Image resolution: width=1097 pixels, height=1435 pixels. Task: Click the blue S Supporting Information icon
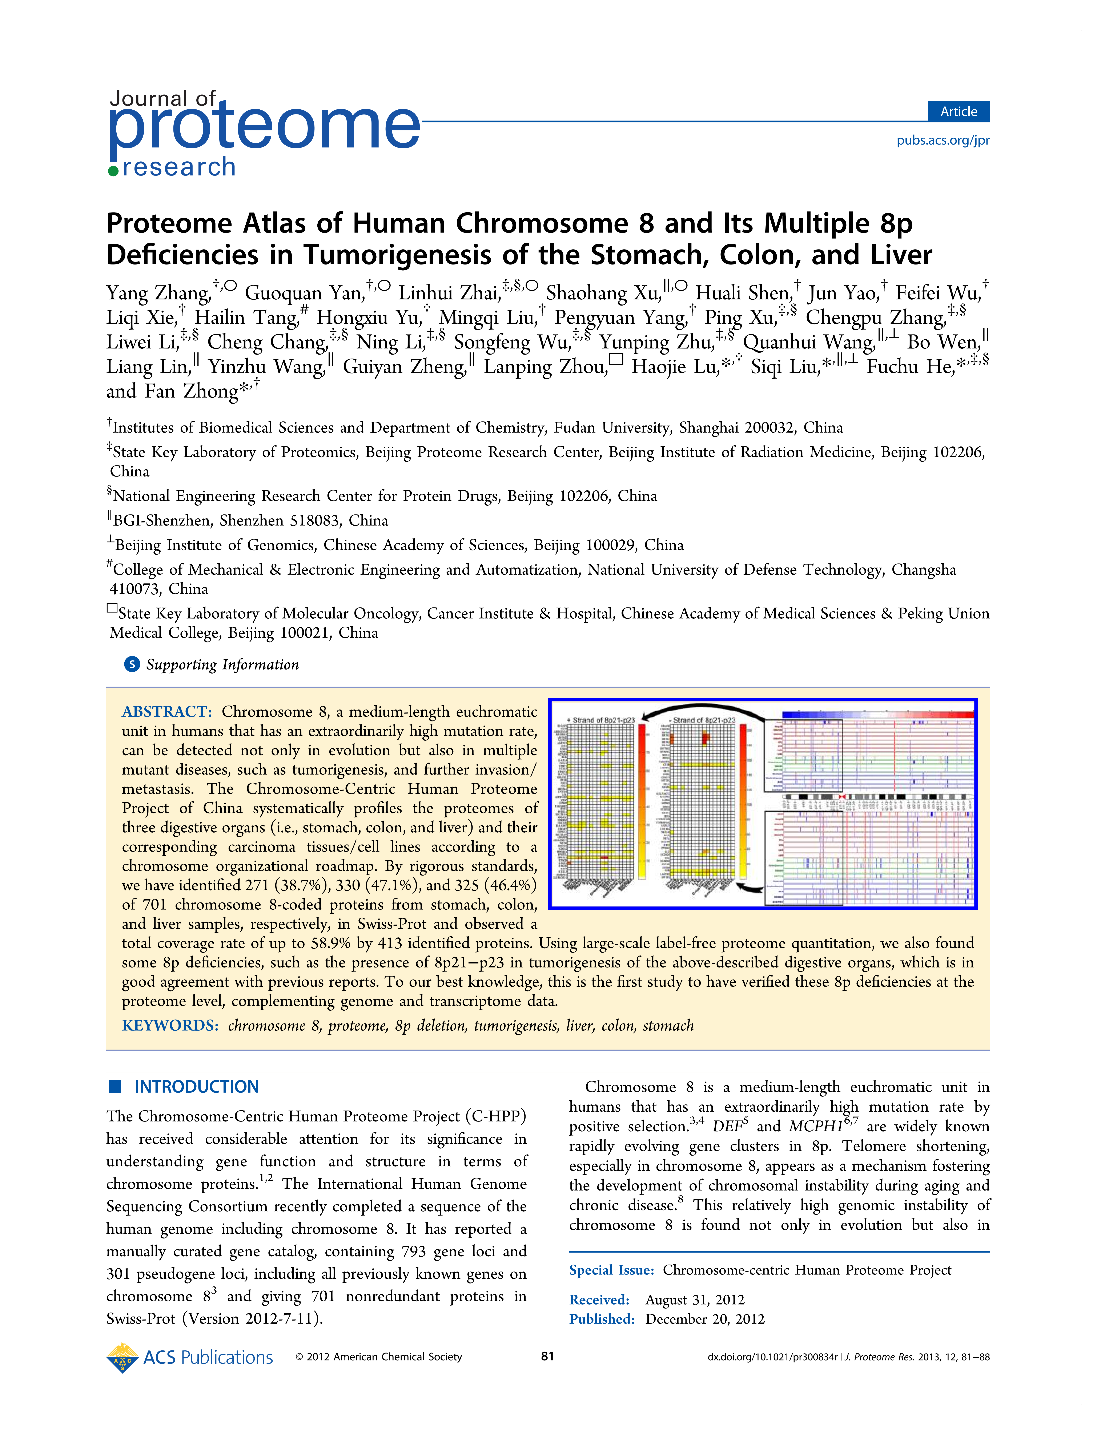(132, 665)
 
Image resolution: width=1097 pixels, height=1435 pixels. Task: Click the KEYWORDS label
(170, 1026)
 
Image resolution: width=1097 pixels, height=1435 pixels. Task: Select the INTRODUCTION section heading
(197, 1087)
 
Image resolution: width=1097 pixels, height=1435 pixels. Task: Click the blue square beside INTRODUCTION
(115, 1086)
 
